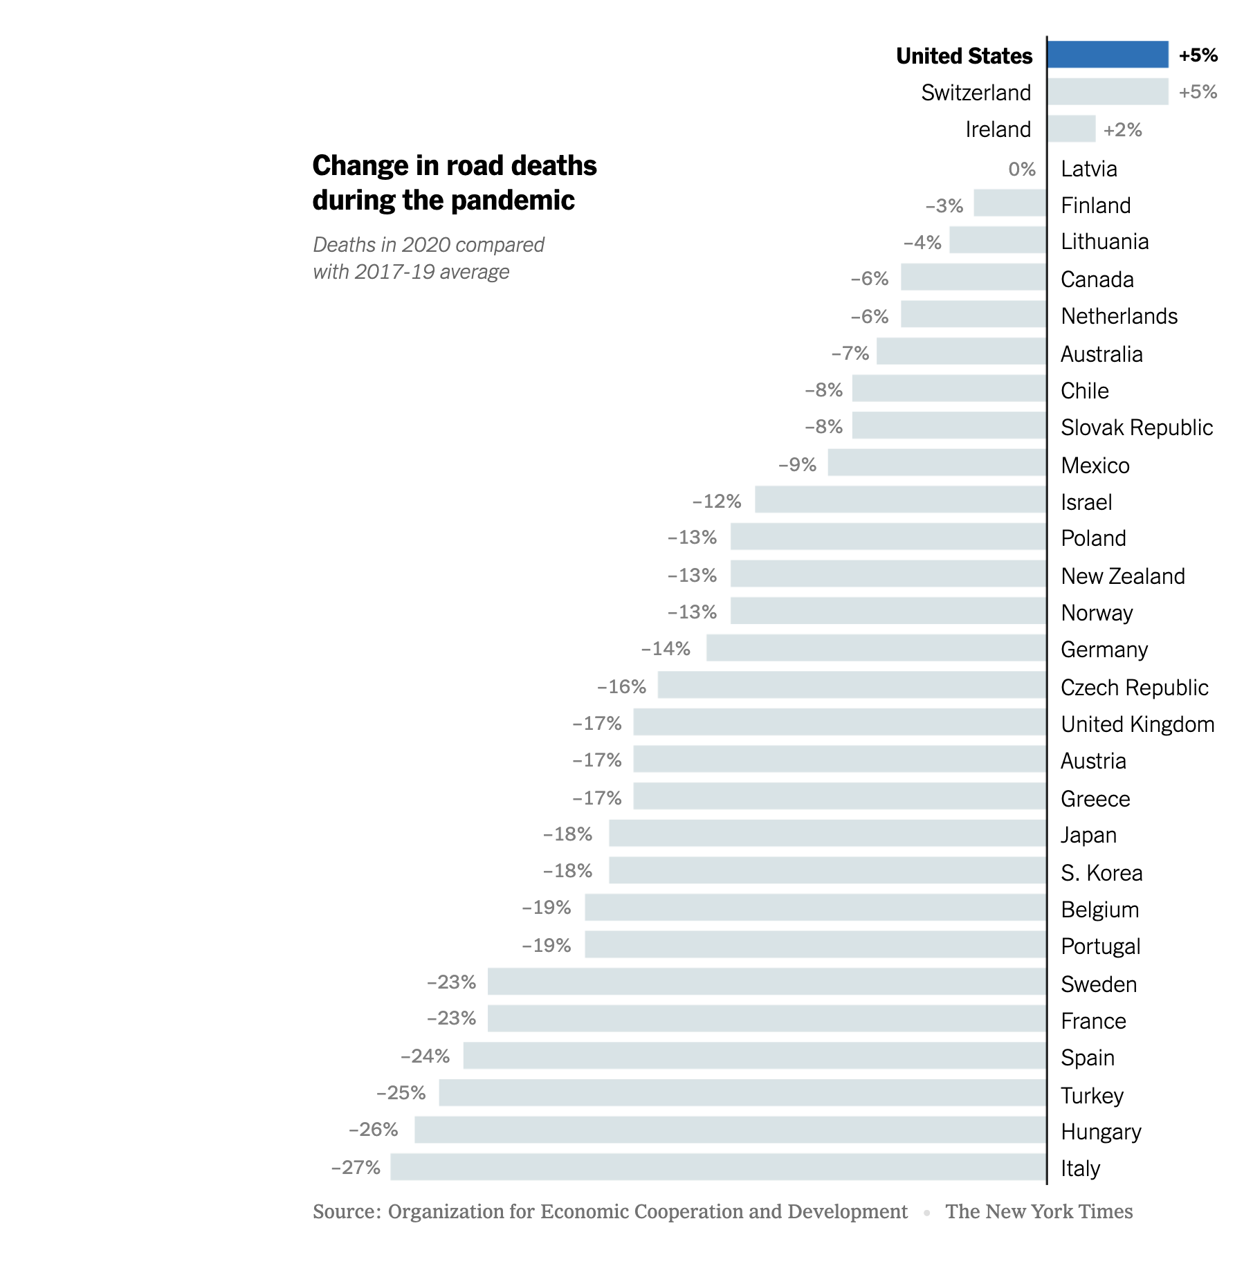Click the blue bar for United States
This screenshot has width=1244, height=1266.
click(1107, 55)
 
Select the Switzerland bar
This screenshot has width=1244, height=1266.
click(1107, 92)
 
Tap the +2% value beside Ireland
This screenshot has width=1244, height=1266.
click(1122, 130)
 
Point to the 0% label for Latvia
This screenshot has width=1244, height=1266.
click(1022, 169)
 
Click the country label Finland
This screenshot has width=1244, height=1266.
click(1095, 205)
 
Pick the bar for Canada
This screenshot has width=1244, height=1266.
click(973, 277)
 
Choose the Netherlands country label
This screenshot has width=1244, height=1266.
click(1119, 316)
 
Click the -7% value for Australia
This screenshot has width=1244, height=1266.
click(850, 354)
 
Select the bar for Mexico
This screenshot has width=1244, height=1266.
click(937, 463)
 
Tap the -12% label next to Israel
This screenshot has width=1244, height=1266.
click(717, 502)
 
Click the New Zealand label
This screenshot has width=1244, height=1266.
click(1122, 576)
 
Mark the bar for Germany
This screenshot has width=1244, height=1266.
click(876, 648)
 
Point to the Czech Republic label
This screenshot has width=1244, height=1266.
click(1134, 688)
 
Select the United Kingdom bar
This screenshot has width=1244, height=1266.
click(839, 722)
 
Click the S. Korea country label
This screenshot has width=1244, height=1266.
click(1101, 873)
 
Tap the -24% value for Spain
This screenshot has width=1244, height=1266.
click(425, 1056)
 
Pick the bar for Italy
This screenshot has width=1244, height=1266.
click(718, 1167)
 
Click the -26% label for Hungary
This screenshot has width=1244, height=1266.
click(373, 1130)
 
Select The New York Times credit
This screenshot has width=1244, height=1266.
click(1039, 1212)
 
